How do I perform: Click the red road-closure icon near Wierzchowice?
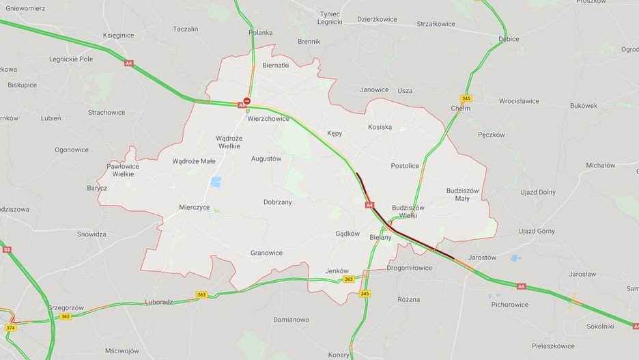click(x=247, y=101)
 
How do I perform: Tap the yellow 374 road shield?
click(x=10, y=328)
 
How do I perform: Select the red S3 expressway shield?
click(x=7, y=250)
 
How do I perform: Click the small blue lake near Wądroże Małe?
click(x=216, y=182)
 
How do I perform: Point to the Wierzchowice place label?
click(x=268, y=118)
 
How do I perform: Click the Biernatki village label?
click(x=276, y=66)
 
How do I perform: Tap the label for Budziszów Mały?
click(x=462, y=194)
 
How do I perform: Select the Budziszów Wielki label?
click(x=408, y=211)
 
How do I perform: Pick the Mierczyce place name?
click(x=195, y=207)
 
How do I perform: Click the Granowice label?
click(x=266, y=252)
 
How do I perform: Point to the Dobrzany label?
click(x=277, y=202)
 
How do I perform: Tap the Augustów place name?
click(x=266, y=158)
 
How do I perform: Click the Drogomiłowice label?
click(x=409, y=268)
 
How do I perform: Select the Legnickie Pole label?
click(x=70, y=59)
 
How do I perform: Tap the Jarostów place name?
click(x=482, y=258)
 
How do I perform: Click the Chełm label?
click(x=461, y=109)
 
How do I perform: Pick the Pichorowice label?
click(x=509, y=305)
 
